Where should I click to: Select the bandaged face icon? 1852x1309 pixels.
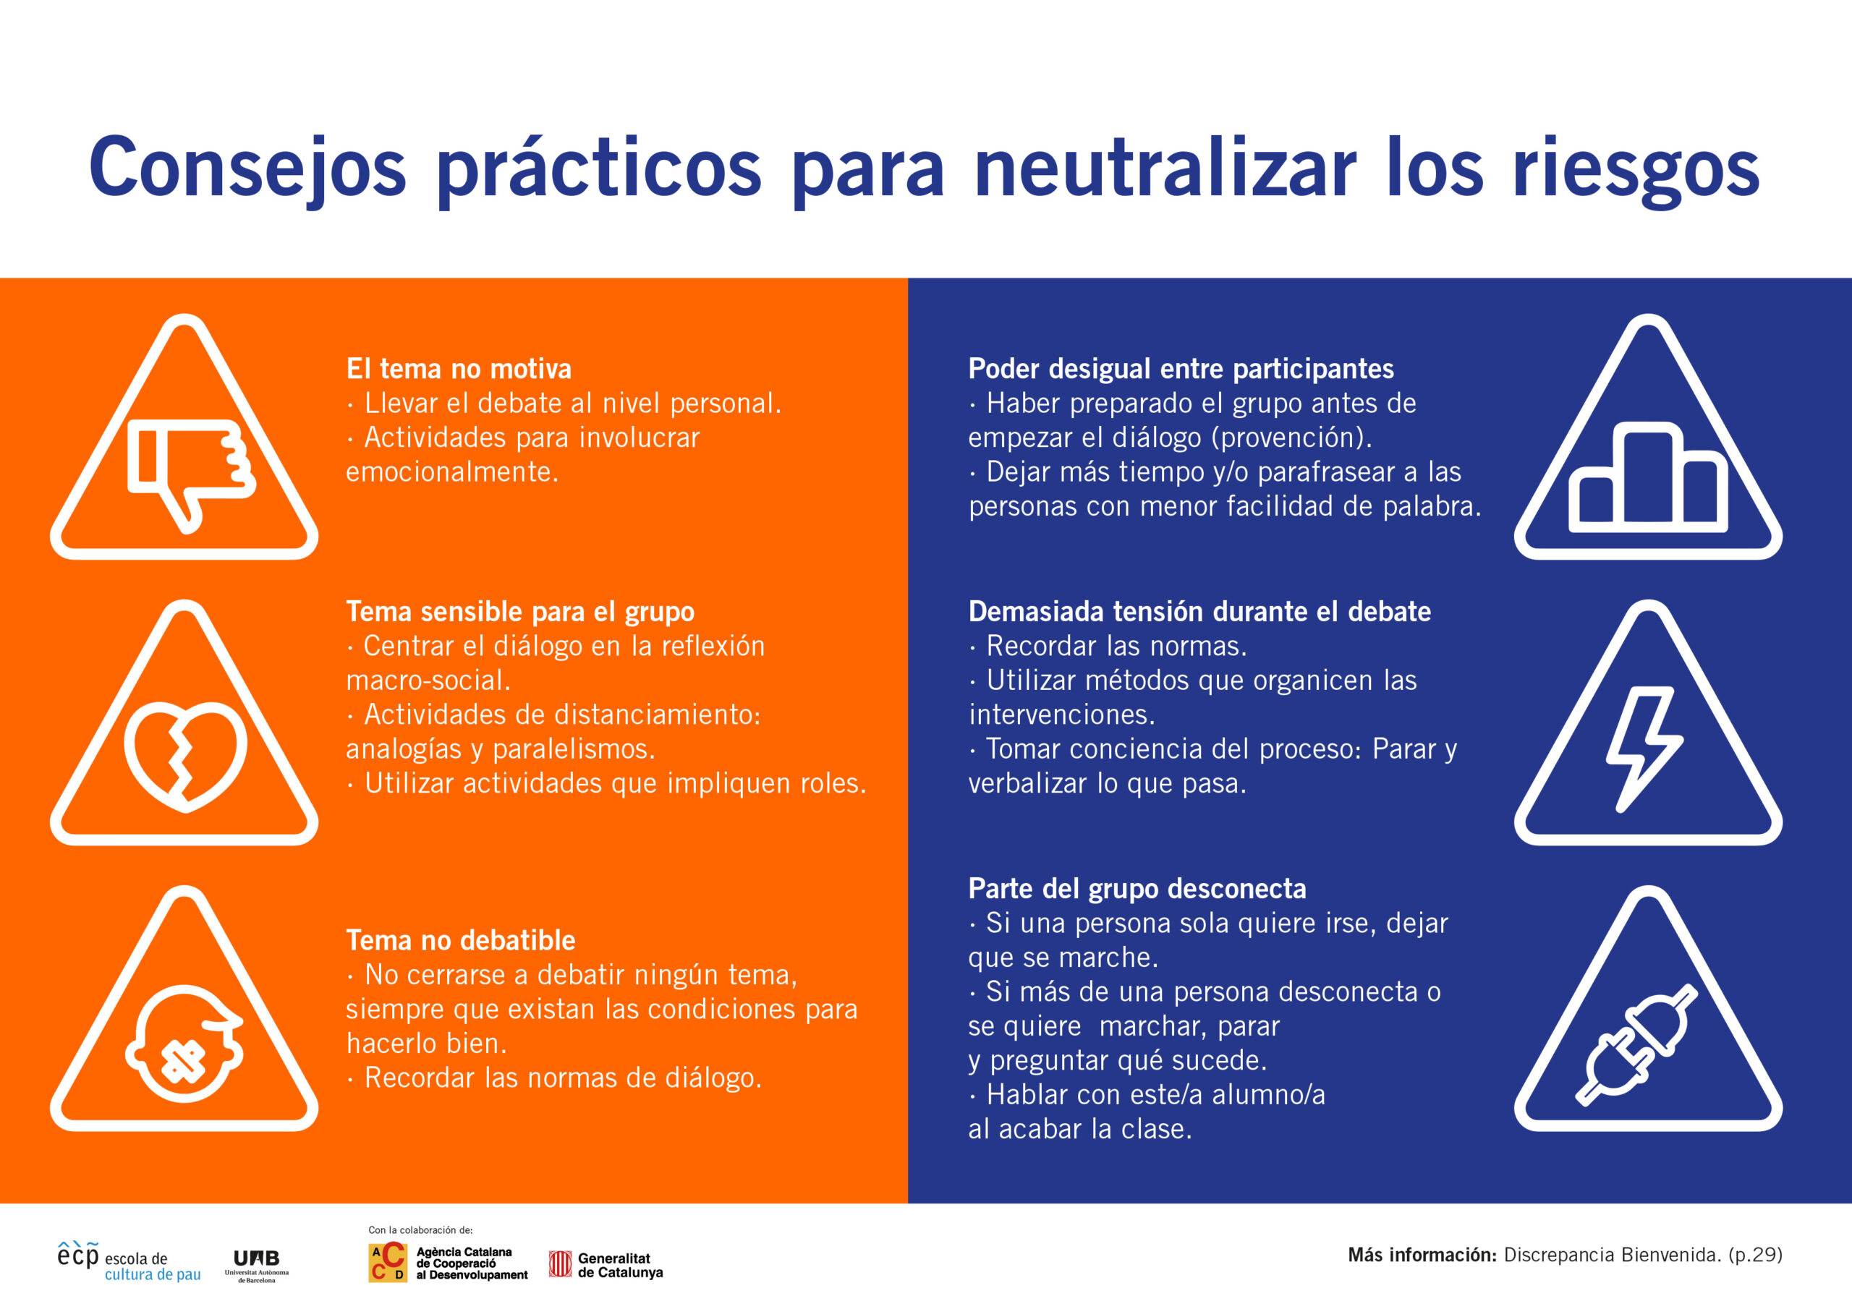click(x=184, y=1042)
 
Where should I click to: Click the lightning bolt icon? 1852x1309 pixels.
click(x=1643, y=749)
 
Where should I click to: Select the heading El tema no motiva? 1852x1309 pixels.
click(x=459, y=369)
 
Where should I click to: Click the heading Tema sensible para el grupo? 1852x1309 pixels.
click(x=520, y=611)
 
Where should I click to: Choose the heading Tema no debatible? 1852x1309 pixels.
click(x=461, y=939)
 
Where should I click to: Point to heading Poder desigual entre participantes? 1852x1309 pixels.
click(x=1181, y=369)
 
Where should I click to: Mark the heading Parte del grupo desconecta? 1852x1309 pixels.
click(x=1137, y=888)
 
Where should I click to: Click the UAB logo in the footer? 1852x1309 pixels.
click(x=257, y=1264)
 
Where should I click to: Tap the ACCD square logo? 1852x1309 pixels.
click(x=387, y=1262)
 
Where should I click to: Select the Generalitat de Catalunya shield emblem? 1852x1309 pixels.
click(x=560, y=1264)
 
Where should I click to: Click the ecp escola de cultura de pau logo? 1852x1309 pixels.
click(x=129, y=1261)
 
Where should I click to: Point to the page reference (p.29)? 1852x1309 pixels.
click(x=1755, y=1255)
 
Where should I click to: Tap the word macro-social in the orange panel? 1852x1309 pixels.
click(x=428, y=680)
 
